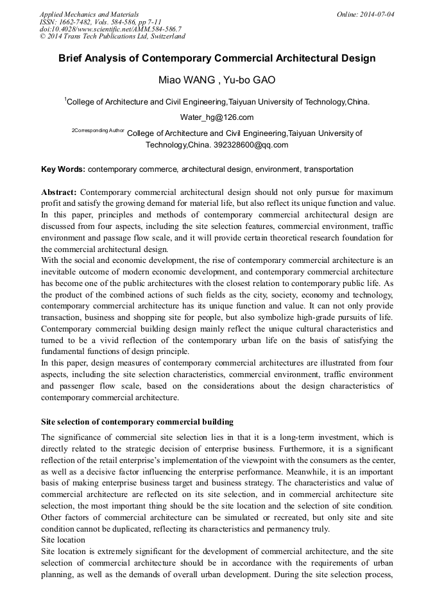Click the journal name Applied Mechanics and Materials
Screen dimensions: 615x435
89,14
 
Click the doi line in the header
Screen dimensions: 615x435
110,29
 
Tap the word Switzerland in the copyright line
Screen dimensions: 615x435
165,37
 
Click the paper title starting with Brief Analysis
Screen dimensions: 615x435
217,58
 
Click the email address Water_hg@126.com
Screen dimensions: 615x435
217,117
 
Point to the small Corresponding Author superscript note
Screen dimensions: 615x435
98,130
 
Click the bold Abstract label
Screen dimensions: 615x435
59,192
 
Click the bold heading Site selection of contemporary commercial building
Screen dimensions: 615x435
137,422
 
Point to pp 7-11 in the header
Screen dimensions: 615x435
145,22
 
